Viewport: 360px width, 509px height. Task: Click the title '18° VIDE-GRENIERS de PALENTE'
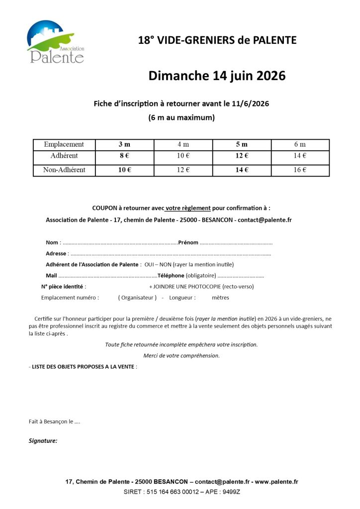[217, 40]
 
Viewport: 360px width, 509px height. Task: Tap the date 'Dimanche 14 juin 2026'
[217, 76]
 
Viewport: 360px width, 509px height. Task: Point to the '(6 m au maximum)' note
[181, 118]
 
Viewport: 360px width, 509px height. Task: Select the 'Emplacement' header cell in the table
[64, 145]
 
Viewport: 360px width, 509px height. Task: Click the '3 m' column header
[124, 145]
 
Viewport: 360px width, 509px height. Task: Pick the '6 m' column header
[300, 145]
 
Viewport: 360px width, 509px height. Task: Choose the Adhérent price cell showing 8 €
[124, 156]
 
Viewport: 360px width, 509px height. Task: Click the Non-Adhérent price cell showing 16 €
[300, 170]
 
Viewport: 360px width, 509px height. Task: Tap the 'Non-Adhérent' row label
[64, 170]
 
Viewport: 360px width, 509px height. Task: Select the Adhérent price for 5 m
[242, 156]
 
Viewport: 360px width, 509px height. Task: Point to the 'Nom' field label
[52, 243]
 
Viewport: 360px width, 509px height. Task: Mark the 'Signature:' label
[43, 440]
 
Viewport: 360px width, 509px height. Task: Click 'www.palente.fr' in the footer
[276, 482]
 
